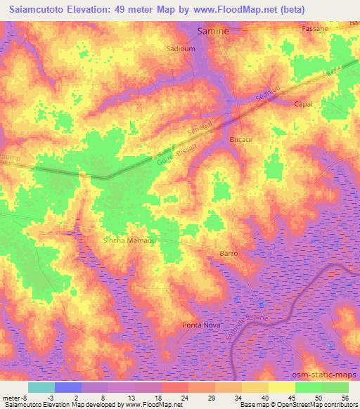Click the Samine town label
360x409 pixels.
(212, 32)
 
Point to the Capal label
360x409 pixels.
(303, 103)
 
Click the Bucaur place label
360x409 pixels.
(241, 141)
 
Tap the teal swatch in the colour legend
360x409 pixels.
(41, 387)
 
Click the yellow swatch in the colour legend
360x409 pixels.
(282, 387)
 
